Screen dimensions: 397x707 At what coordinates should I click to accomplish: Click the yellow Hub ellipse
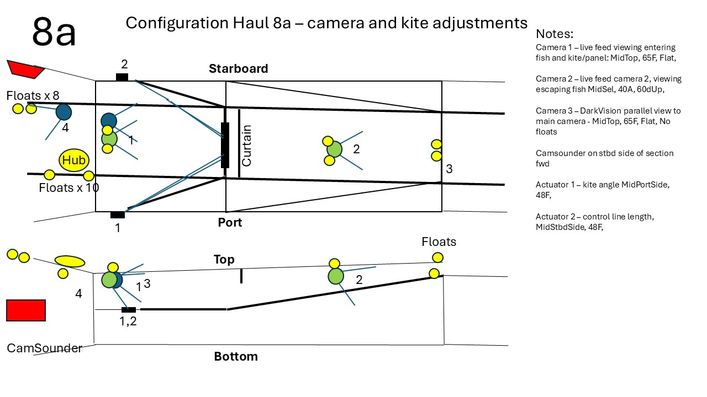(74, 160)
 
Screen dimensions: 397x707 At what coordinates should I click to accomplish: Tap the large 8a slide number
(54, 32)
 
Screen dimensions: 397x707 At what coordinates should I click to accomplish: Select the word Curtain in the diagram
(246, 146)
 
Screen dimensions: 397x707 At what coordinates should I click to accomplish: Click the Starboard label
(238, 68)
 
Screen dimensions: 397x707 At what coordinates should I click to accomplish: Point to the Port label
(230, 222)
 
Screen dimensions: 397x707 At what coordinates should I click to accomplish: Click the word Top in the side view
(224, 259)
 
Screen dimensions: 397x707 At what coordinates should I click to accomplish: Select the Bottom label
(236, 356)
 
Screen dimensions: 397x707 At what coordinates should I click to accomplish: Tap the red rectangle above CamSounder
(26, 310)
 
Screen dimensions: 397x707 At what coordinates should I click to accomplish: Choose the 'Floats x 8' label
(33, 95)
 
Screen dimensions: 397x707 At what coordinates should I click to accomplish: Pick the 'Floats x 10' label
(69, 187)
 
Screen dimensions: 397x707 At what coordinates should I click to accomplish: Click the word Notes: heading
(555, 33)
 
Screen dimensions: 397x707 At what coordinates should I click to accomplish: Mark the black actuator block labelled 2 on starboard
(122, 77)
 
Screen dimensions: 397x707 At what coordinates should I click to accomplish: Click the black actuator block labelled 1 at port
(117, 214)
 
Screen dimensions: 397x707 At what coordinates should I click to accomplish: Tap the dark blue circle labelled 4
(64, 112)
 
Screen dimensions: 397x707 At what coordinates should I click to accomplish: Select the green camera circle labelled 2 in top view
(334, 149)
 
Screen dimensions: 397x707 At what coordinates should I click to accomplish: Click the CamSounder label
(44, 348)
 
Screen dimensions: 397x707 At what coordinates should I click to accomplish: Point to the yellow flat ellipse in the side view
(70, 261)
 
